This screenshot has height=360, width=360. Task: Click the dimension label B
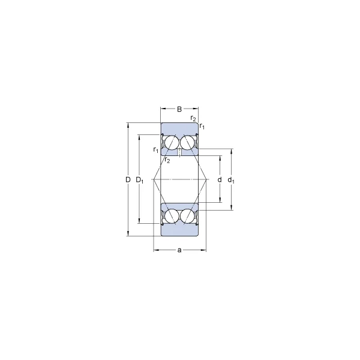tap(179, 109)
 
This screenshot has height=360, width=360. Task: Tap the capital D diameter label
tap(128, 180)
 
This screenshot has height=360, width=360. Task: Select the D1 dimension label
tap(140, 180)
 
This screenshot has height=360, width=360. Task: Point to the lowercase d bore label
tap(220, 179)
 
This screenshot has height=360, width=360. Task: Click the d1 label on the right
tap(231, 180)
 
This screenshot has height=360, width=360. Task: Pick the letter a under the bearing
tap(179, 250)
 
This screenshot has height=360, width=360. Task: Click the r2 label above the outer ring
tap(193, 118)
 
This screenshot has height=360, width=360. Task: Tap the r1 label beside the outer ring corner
tap(202, 126)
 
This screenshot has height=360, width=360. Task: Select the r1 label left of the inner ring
tap(156, 150)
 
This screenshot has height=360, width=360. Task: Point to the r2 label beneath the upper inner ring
tap(167, 160)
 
